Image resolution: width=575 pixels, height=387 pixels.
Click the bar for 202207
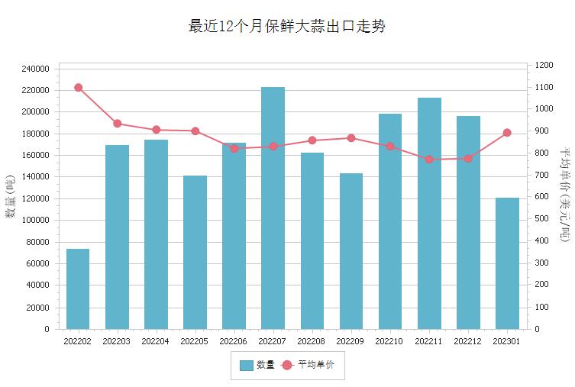click(273, 208)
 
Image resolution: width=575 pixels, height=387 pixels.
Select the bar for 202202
click(78, 289)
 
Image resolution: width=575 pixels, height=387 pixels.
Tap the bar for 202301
click(507, 263)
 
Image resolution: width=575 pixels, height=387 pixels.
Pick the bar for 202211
click(429, 213)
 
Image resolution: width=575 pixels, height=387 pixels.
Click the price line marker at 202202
click(78, 88)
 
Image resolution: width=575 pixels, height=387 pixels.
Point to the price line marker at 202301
click(507, 133)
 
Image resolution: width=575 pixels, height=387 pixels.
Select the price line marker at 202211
click(429, 160)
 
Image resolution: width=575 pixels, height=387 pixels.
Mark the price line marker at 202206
click(234, 148)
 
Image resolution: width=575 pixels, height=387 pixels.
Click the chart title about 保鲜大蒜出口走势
click(287, 27)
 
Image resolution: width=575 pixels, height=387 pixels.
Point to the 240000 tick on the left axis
click(36, 69)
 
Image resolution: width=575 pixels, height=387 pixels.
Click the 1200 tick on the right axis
click(544, 66)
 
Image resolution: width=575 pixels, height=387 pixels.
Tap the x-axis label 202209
click(350, 341)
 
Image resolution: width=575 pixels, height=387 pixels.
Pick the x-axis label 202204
click(156, 341)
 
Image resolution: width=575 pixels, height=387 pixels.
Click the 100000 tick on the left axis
click(36, 221)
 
